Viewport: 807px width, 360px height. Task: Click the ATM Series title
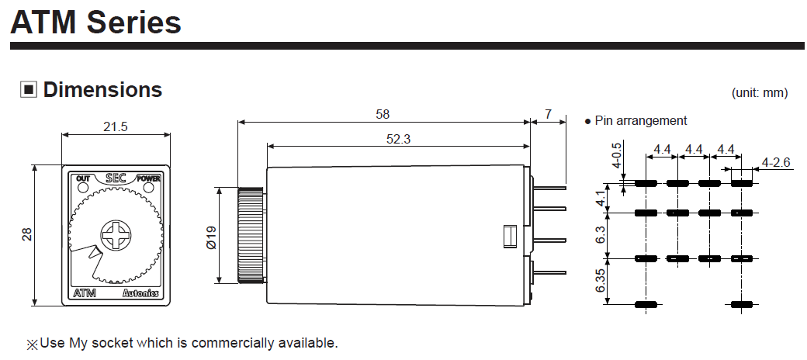click(95, 22)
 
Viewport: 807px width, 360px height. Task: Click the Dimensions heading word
click(102, 89)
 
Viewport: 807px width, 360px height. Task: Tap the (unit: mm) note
click(759, 92)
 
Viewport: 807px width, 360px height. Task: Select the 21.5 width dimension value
click(116, 126)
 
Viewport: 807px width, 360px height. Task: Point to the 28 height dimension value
click(26, 234)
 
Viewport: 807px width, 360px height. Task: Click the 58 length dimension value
click(383, 113)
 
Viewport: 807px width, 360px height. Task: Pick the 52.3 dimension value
click(398, 139)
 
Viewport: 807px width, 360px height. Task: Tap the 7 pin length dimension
click(548, 113)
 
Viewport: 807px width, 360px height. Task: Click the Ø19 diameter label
click(212, 237)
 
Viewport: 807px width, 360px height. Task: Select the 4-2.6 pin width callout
click(776, 162)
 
